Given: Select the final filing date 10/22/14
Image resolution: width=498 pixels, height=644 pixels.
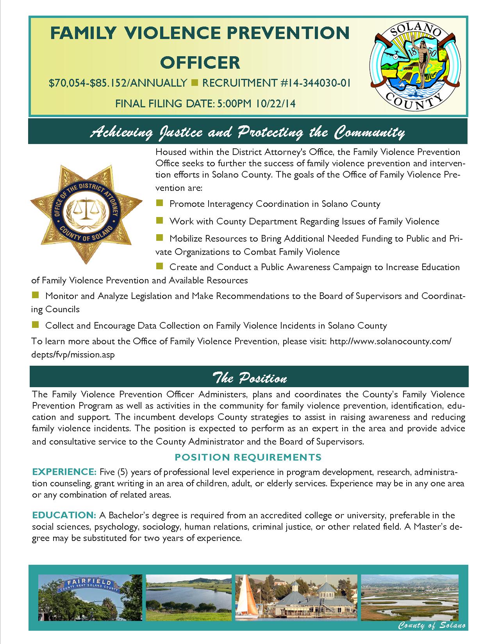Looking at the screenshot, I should [276, 103].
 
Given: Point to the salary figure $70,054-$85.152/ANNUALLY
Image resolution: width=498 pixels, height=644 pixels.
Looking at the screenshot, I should [118, 83].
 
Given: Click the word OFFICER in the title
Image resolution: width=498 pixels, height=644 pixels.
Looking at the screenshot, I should [200, 62].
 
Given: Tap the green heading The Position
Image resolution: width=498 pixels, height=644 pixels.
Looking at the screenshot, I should [249, 378].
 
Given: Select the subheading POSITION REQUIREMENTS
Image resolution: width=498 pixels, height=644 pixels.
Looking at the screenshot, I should [248, 457].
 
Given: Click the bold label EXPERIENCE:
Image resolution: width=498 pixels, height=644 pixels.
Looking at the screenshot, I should [64, 472].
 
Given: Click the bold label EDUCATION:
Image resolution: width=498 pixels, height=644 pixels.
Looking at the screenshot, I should [64, 515].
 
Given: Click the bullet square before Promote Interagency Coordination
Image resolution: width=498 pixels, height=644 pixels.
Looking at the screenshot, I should [159, 203].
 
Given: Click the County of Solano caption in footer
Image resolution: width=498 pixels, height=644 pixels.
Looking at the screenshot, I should [432, 626].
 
